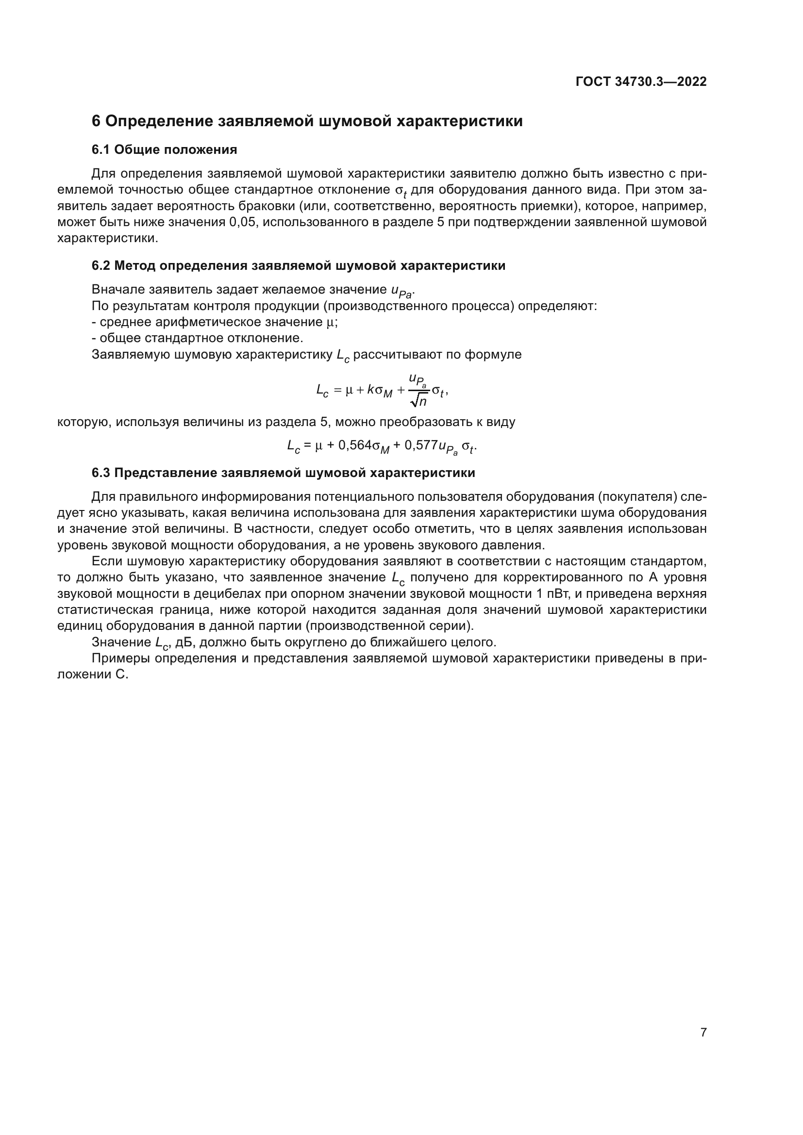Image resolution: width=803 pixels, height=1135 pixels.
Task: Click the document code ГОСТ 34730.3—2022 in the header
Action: [x=641, y=82]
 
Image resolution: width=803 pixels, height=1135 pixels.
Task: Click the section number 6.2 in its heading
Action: [x=101, y=266]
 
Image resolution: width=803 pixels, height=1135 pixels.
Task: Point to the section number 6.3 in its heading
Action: [x=101, y=473]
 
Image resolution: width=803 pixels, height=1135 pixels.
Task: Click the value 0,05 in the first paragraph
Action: [x=243, y=222]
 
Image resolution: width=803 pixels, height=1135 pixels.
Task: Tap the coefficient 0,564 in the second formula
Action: [x=354, y=445]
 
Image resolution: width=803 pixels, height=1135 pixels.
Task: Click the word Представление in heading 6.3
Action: [x=166, y=473]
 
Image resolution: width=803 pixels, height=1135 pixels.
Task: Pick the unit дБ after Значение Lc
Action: [x=184, y=642]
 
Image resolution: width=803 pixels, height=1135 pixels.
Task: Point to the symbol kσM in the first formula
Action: [x=380, y=391]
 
